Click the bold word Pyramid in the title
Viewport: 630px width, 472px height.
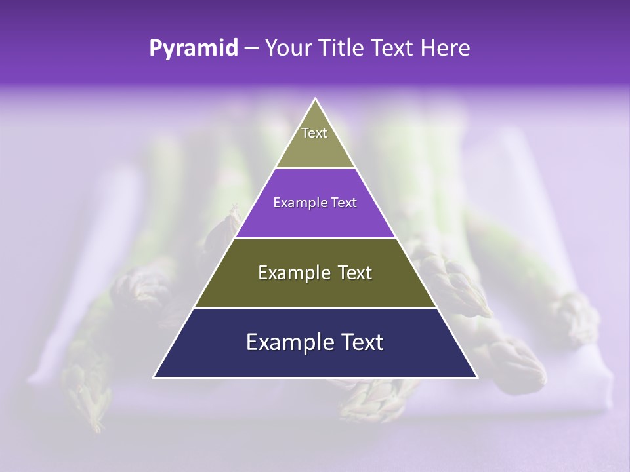click(x=194, y=49)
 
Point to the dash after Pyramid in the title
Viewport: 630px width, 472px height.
click(x=251, y=49)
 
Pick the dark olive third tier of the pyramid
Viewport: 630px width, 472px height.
click(x=315, y=288)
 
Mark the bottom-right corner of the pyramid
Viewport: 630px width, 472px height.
click(x=476, y=377)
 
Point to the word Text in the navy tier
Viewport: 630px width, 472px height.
click(x=361, y=342)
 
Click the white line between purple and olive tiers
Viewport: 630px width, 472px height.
click(x=315, y=238)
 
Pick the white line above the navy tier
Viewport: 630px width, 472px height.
click(x=315, y=307)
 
